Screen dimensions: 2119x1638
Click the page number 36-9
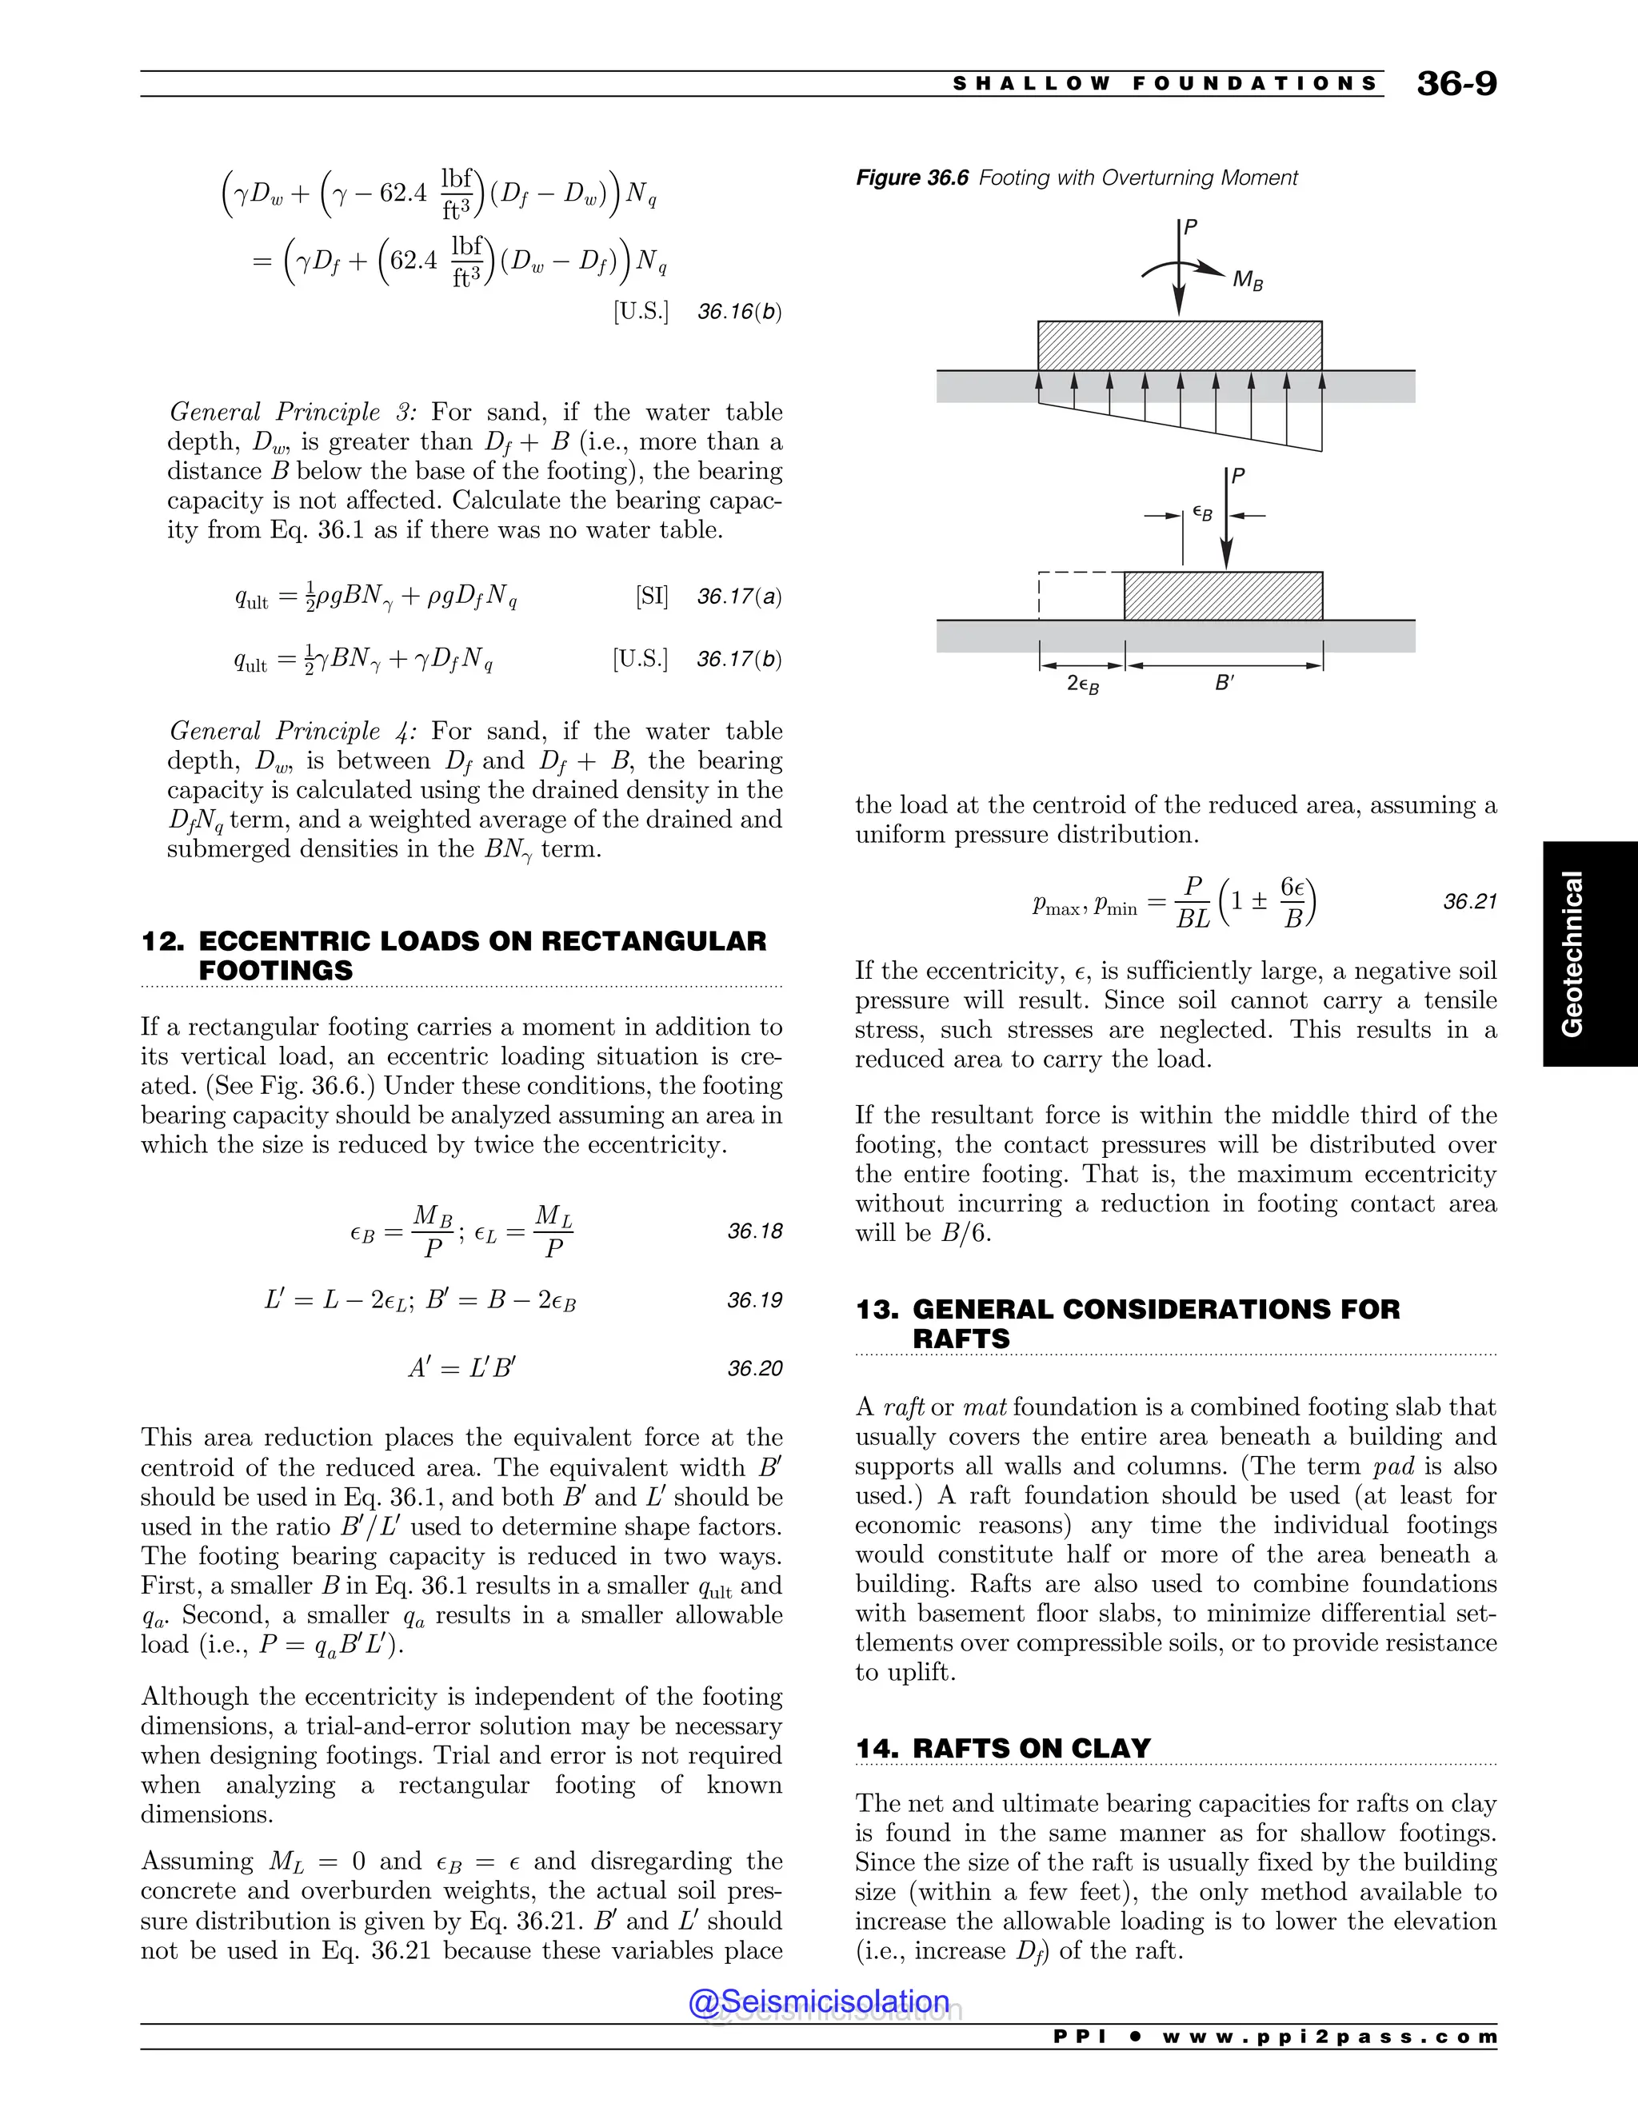click(1456, 83)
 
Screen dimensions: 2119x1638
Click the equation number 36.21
click(1469, 901)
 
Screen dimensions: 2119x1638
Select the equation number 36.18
click(754, 1231)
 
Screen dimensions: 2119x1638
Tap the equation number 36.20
click(754, 1368)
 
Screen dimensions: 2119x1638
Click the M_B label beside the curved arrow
click(1247, 281)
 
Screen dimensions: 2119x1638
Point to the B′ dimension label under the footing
click(1224, 683)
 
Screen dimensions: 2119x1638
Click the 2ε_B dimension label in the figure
click(1082, 684)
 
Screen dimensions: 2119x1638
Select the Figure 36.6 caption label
click(911, 178)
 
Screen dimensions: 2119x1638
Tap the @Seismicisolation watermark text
click(818, 2001)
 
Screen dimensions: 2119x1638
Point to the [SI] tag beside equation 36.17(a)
click(651, 596)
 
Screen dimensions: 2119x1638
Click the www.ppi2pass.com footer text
click(1328, 2036)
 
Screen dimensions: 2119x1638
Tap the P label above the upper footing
click(1191, 228)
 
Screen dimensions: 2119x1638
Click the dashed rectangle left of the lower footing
click(1080, 595)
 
